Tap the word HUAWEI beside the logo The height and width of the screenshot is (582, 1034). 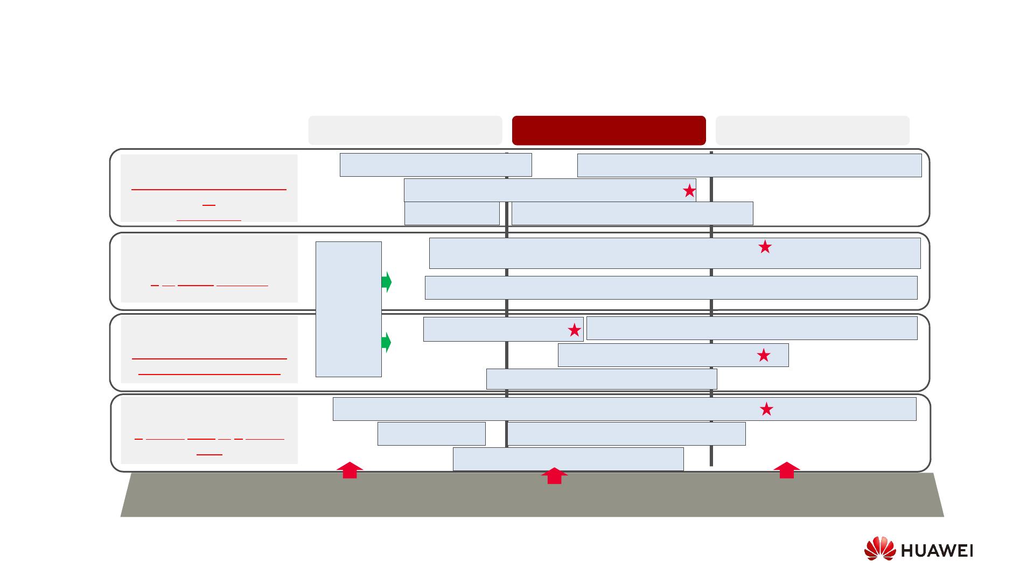936,551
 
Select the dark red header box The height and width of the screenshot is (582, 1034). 609,130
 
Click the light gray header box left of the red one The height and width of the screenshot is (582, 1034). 405,130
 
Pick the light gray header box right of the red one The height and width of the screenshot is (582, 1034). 812,130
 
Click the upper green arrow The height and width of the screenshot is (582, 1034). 386,282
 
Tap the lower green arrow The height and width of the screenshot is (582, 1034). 386,342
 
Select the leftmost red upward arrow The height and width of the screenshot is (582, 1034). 350,470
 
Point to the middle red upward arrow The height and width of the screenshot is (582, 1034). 554,476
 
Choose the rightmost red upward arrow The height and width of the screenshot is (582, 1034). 786,470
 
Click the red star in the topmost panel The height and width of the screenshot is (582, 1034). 689,191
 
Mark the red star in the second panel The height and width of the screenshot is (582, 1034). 765,247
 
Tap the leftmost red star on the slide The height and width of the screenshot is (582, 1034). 574,330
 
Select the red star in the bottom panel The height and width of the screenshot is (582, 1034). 766,410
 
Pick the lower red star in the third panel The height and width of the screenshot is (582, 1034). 763,355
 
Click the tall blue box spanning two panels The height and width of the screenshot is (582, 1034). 348,309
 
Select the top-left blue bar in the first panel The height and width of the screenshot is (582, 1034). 435,165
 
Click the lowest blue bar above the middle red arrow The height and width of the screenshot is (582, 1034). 568,459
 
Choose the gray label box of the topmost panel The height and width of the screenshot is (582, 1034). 209,188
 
